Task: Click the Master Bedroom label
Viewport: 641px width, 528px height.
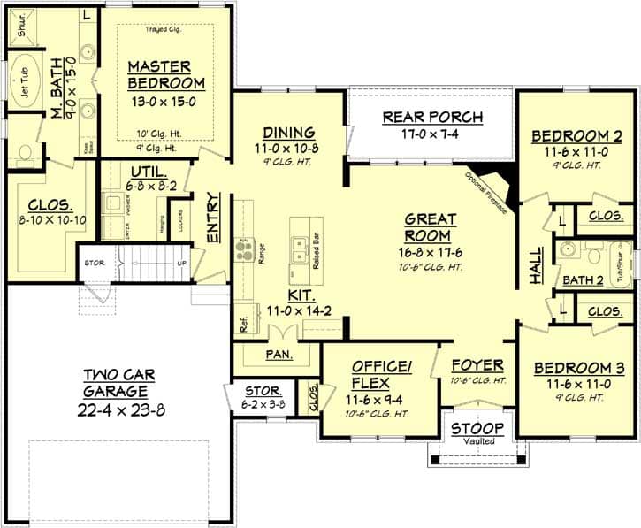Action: click(x=166, y=75)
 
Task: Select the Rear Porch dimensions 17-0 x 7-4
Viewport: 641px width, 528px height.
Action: click(x=432, y=135)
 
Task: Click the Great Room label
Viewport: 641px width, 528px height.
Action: click(x=431, y=227)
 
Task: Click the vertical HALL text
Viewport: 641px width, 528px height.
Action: click(x=535, y=264)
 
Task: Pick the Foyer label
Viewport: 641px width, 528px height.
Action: click(x=477, y=364)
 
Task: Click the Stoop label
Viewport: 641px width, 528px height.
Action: click(x=477, y=429)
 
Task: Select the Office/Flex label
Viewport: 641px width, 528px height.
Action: click(x=378, y=374)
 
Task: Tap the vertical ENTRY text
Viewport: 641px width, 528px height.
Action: click(x=213, y=217)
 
